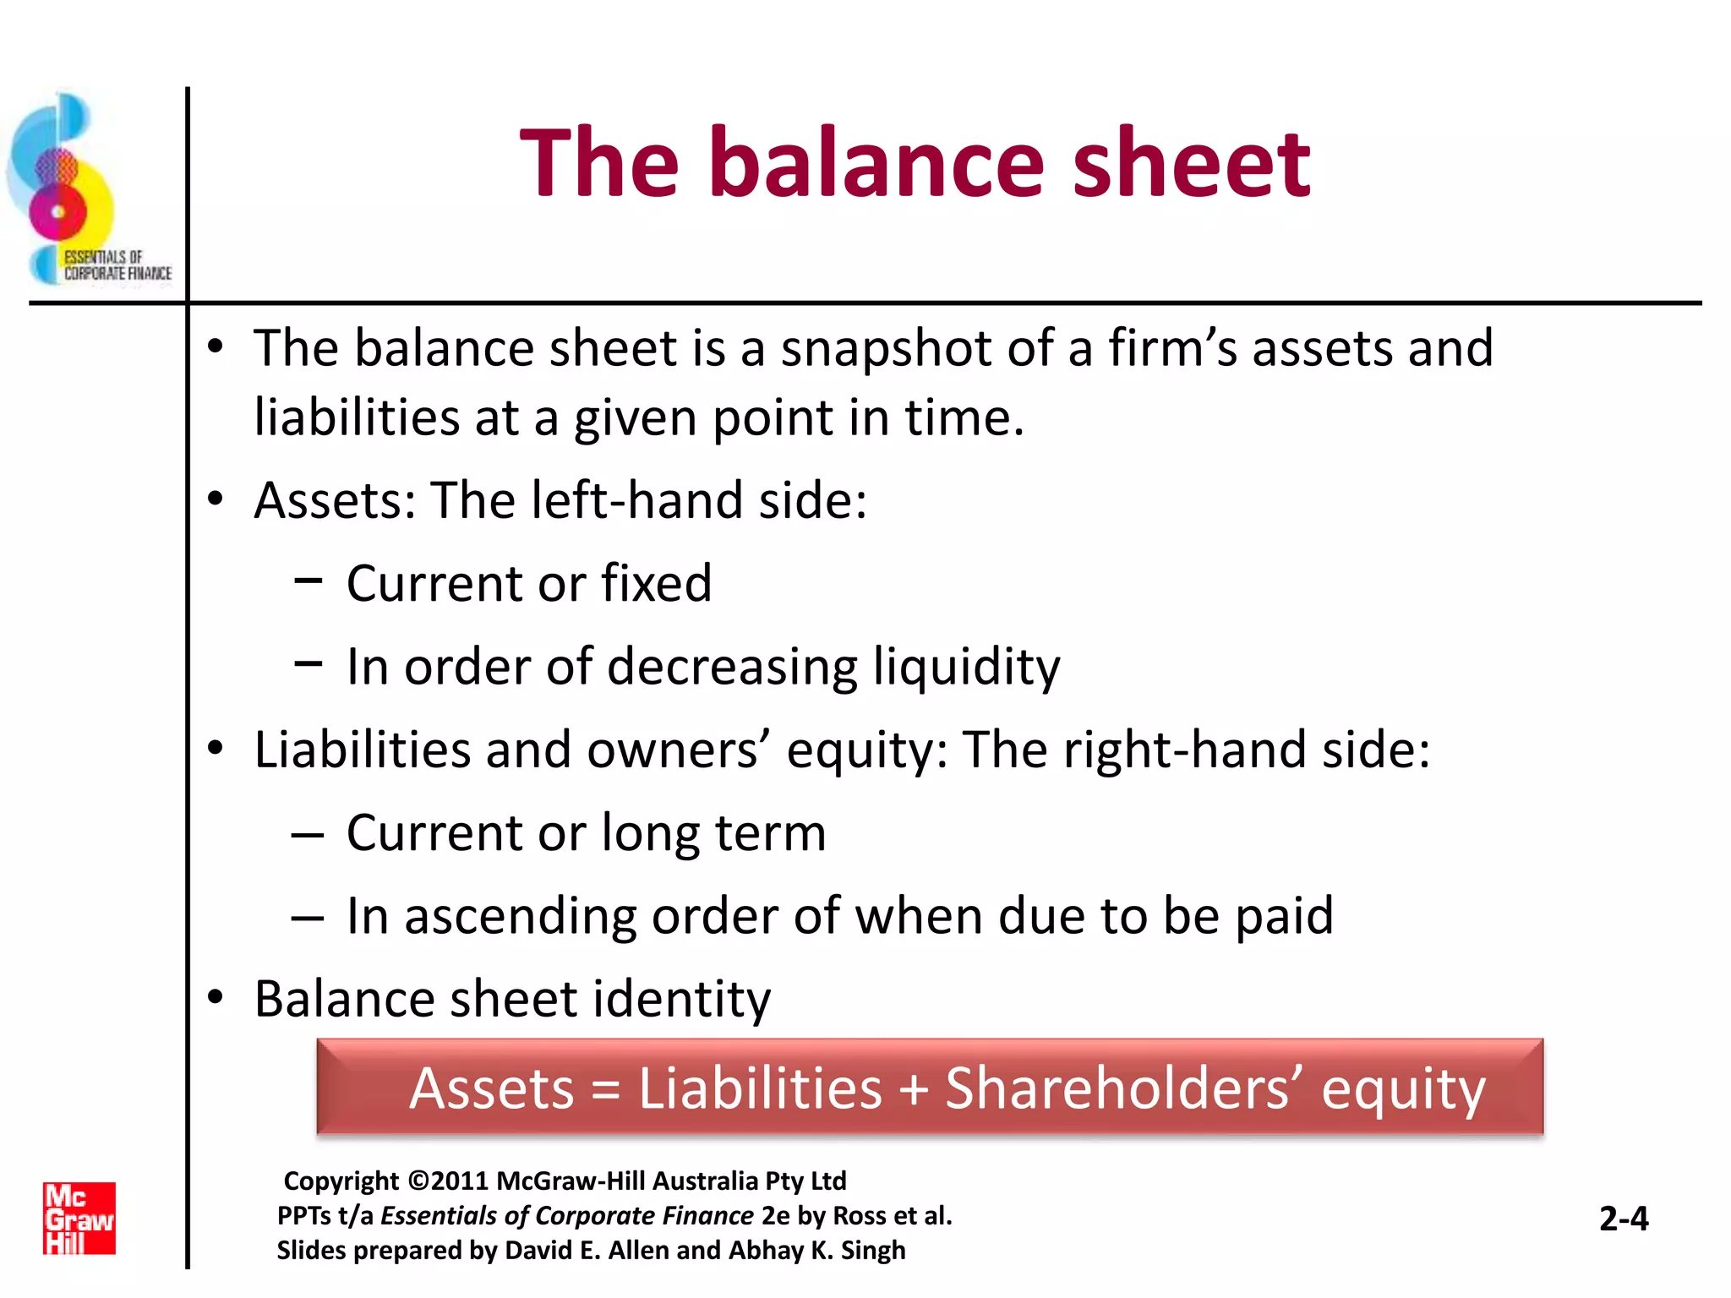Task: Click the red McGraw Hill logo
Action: coord(79,1218)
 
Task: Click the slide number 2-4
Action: coord(1624,1219)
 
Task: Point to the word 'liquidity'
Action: coord(966,667)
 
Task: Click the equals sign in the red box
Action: coord(605,1089)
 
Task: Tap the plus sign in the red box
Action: coord(914,1089)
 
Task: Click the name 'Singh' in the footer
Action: coord(873,1250)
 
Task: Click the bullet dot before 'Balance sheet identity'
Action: coord(216,997)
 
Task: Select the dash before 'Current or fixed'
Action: coord(309,581)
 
